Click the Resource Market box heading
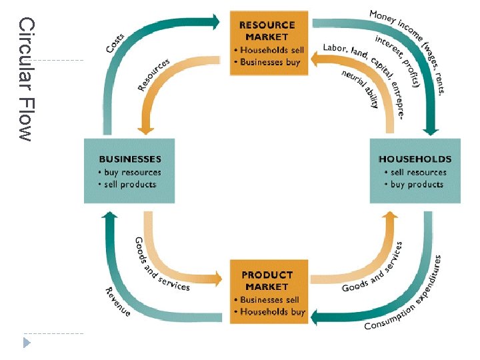tap(269, 31)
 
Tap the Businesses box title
tap(130, 159)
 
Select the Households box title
tap(415, 159)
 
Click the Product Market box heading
tap(267, 280)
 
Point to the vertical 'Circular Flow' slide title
tap(25, 79)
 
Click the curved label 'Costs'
tap(115, 40)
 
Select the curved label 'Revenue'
tap(117, 301)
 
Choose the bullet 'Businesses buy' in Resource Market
tap(269, 62)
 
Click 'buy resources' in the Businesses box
tap(132, 172)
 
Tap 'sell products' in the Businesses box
tap(130, 184)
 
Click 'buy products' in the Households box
tap(417, 184)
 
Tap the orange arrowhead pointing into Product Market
tap(217, 277)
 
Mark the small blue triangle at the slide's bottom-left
tap(27, 343)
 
